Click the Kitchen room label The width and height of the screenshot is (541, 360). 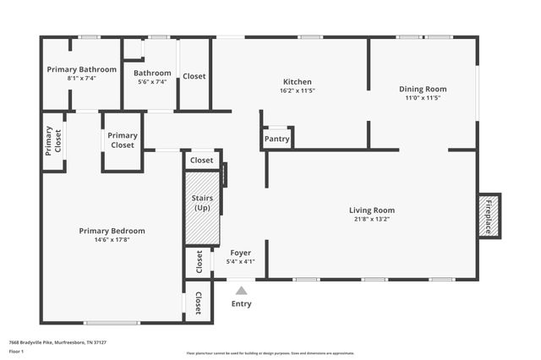pyautogui.click(x=298, y=81)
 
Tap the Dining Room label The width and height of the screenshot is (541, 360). pyautogui.click(x=423, y=89)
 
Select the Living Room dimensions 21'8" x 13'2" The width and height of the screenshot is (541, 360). pyautogui.click(x=372, y=219)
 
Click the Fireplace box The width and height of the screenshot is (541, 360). pyautogui.click(x=489, y=216)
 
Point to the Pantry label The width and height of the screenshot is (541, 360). pyautogui.click(x=276, y=139)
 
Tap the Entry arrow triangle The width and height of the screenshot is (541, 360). pyautogui.click(x=241, y=291)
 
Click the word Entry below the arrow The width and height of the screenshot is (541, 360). pyautogui.click(x=241, y=303)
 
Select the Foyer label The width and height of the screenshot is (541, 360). pyautogui.click(x=240, y=253)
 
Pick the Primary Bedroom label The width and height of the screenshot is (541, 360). pyautogui.click(x=112, y=231)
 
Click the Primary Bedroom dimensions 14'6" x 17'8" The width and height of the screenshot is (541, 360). pyautogui.click(x=112, y=239)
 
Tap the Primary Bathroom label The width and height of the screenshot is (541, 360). pyautogui.click(x=82, y=69)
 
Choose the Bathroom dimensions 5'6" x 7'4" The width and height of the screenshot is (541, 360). pyautogui.click(x=152, y=82)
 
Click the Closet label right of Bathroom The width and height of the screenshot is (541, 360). pyautogui.click(x=194, y=76)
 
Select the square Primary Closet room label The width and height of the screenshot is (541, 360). pyautogui.click(x=123, y=140)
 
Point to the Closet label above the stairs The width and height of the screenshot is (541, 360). pyautogui.click(x=202, y=160)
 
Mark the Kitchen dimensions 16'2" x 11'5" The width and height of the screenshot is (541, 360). pyautogui.click(x=298, y=90)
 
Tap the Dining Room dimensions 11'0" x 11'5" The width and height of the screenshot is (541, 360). pyautogui.click(x=423, y=98)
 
